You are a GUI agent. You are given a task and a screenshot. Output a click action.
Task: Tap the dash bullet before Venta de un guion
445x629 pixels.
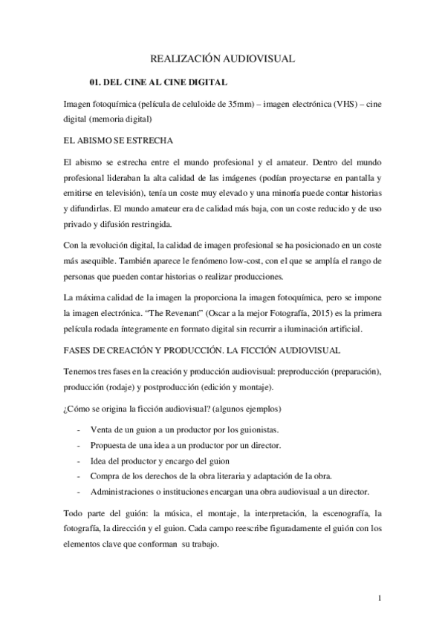(x=78, y=430)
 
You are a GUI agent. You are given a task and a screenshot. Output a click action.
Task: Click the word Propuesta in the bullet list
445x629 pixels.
(x=111, y=445)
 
